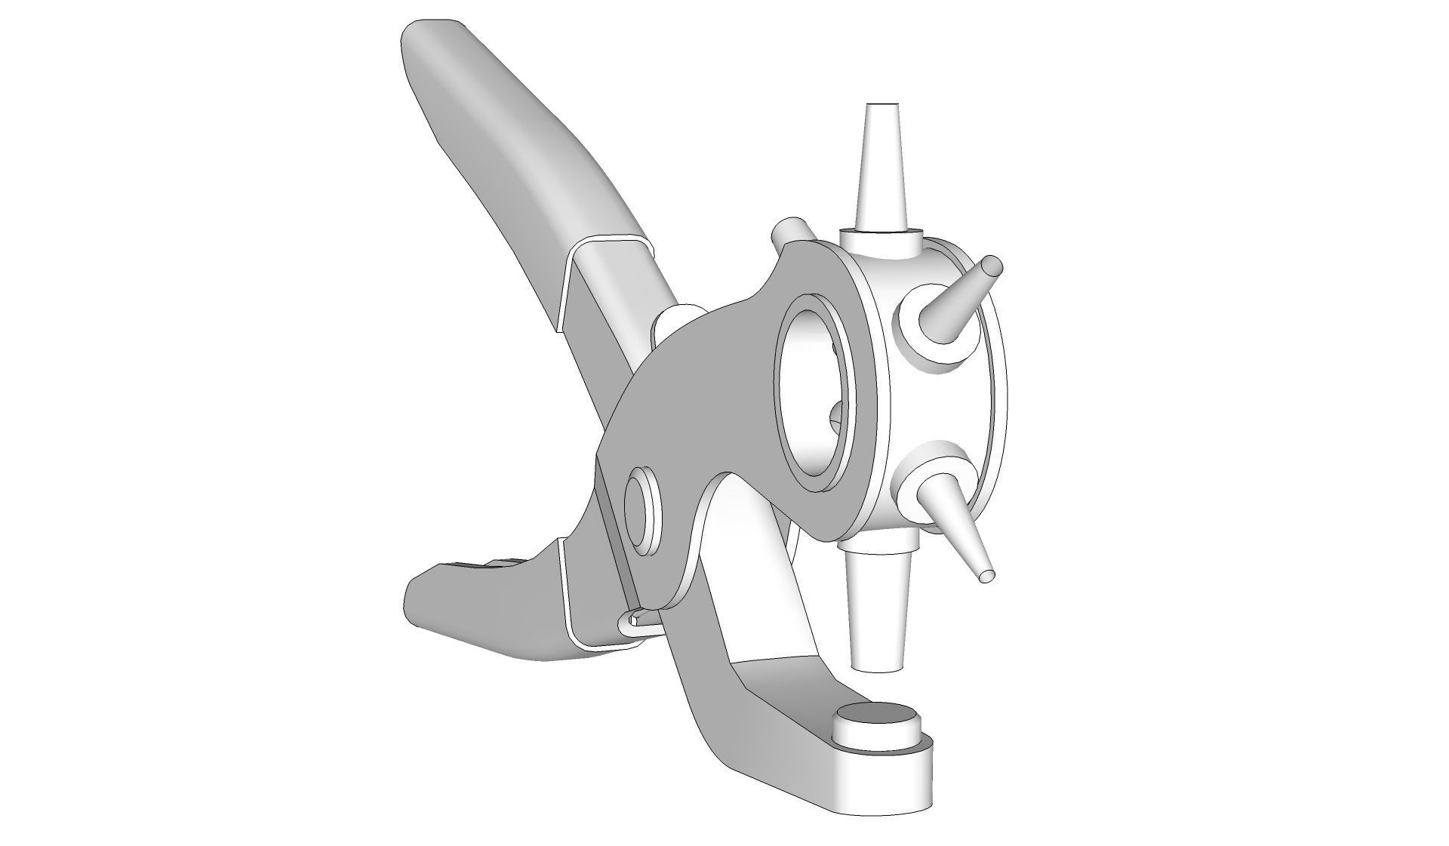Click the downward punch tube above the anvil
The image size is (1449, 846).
[x=878, y=611]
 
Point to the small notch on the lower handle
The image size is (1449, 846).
[x=498, y=563]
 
